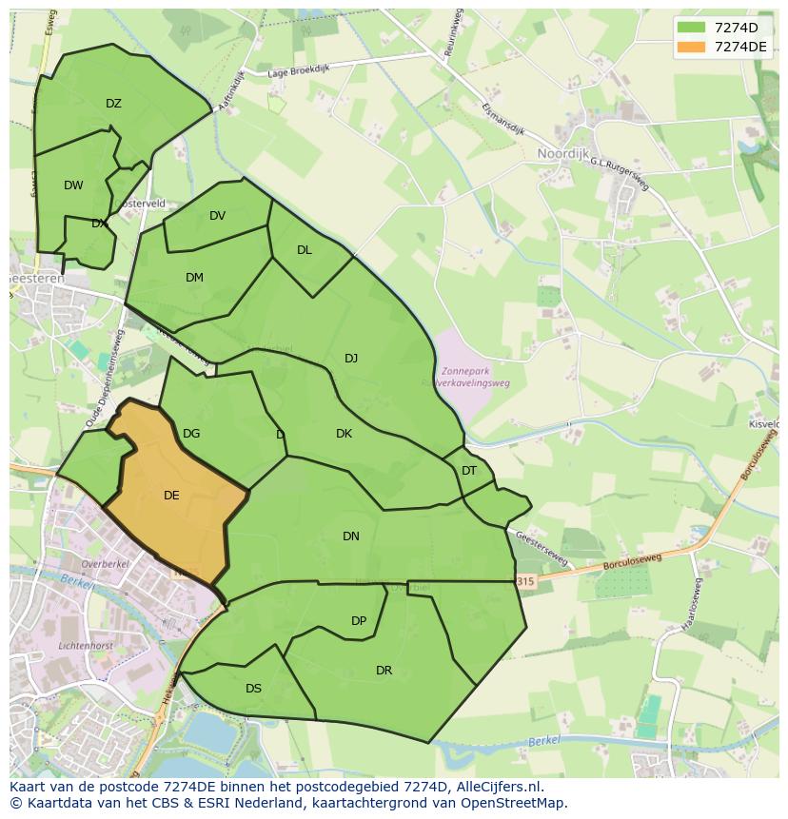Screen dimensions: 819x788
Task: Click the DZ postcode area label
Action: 113,104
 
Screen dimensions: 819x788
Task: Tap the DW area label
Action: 73,185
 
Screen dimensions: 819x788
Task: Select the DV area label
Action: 217,216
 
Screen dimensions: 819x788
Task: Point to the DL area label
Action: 304,250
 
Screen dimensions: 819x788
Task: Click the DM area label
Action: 194,278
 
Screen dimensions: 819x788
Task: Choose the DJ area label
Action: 351,359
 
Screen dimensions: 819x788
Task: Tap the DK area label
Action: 344,434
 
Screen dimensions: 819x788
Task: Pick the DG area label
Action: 191,434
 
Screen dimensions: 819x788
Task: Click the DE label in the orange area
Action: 171,495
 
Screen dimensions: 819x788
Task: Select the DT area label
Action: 469,471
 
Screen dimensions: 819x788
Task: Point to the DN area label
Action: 351,536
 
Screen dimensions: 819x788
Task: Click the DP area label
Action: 359,621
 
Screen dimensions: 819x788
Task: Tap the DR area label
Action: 384,671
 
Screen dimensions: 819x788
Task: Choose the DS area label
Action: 253,689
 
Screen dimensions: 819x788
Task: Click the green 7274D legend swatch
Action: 692,29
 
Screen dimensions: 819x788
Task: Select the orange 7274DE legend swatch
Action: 692,47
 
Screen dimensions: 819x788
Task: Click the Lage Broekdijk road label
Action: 297,70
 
